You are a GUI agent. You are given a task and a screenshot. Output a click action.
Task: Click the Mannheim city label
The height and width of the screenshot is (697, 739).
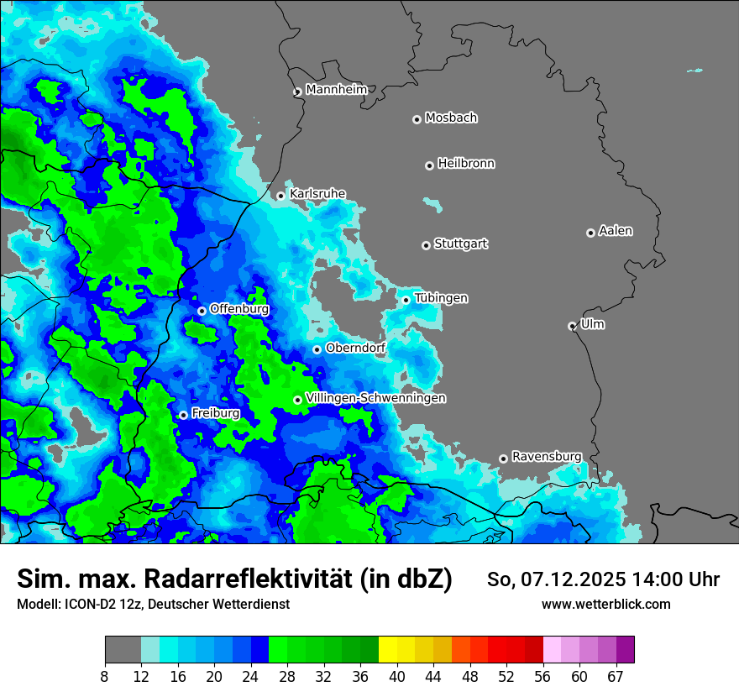coord(337,89)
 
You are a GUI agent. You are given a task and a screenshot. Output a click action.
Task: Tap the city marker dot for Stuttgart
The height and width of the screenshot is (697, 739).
coord(427,245)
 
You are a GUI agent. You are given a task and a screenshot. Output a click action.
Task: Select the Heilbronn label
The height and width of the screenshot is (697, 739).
coord(466,163)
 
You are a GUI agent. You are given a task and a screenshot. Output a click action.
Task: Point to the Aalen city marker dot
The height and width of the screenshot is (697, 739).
coord(590,233)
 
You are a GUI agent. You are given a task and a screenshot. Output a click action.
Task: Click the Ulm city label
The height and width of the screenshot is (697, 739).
coord(592,323)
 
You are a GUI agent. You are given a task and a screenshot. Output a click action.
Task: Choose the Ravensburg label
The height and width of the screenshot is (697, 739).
coord(546,456)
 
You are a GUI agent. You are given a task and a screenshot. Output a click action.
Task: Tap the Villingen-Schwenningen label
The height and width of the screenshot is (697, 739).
coord(375,397)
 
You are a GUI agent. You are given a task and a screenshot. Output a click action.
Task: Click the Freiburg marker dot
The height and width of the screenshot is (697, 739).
coord(183,415)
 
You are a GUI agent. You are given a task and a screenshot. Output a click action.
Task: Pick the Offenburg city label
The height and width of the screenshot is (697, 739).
coord(238,308)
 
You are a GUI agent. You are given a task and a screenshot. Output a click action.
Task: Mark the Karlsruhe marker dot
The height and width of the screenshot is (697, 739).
coord(281,196)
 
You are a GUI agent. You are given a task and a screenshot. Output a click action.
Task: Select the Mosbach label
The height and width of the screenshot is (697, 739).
coord(451,118)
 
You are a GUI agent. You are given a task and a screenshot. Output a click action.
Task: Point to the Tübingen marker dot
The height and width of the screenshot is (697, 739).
coord(406,300)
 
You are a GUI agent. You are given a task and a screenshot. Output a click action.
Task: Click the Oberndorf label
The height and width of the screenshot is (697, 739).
coord(355,347)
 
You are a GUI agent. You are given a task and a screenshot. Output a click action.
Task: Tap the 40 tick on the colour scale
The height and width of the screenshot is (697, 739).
coord(397,676)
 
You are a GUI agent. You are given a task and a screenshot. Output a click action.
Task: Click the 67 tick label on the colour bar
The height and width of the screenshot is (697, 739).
coord(616,676)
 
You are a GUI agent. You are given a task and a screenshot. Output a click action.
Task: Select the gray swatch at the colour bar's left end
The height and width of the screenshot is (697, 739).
coord(123,650)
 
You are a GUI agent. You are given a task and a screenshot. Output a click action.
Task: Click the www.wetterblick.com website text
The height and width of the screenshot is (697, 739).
coord(605,604)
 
